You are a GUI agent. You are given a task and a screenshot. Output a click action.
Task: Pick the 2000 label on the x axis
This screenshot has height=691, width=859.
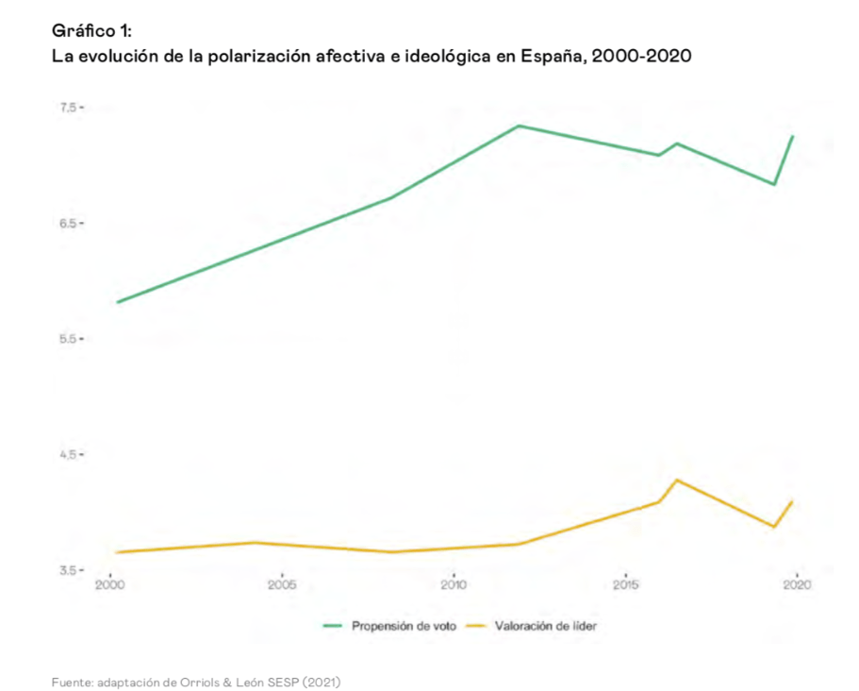click(110, 586)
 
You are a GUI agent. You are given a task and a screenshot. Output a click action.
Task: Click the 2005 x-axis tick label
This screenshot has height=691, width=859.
click(282, 586)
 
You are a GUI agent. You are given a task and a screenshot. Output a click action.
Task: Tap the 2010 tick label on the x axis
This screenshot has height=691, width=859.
click(454, 586)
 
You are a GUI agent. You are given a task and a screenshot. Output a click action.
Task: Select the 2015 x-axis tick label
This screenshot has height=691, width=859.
click(625, 586)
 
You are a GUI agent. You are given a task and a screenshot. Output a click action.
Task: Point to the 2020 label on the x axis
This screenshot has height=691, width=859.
click(798, 586)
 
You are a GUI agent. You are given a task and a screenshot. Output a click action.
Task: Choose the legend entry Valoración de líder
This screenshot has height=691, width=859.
click(545, 626)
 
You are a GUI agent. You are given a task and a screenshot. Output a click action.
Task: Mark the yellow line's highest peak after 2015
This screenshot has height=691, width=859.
click(677, 480)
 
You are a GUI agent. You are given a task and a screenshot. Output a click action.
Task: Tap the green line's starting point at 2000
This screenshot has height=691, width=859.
click(118, 302)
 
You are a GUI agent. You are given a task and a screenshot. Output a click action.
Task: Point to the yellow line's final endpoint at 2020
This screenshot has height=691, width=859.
click(793, 501)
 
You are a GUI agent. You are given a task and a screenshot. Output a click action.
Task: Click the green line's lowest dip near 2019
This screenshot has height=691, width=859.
click(774, 184)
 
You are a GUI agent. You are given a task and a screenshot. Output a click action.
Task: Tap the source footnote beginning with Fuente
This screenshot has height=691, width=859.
click(195, 680)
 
